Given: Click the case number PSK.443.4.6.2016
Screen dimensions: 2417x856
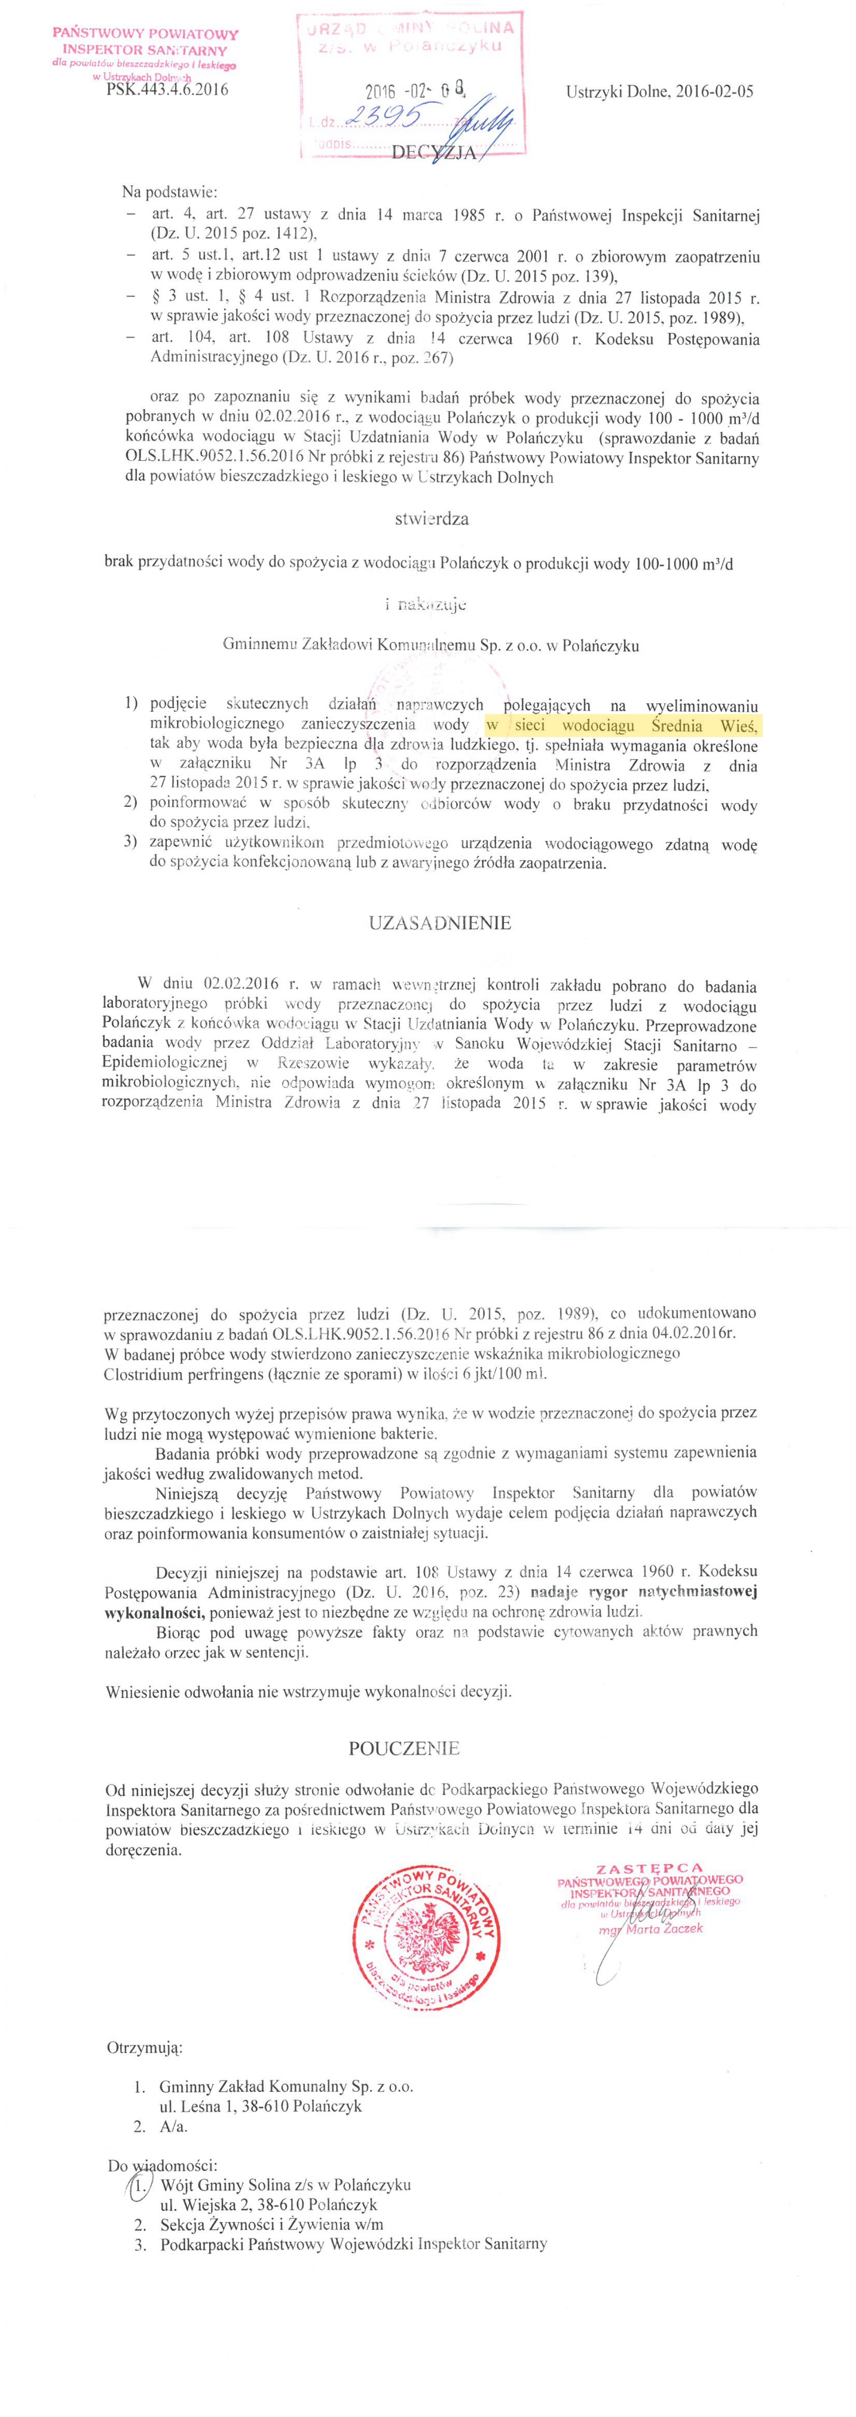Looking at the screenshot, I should point(167,91).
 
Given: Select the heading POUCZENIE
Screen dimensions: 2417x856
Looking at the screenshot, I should point(405,1748).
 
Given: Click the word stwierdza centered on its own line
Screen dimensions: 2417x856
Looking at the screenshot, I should point(432,518).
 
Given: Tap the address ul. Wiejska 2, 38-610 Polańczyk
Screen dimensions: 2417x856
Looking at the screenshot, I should point(268,2205).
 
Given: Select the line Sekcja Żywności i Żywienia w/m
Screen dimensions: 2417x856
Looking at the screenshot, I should point(271,2225).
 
